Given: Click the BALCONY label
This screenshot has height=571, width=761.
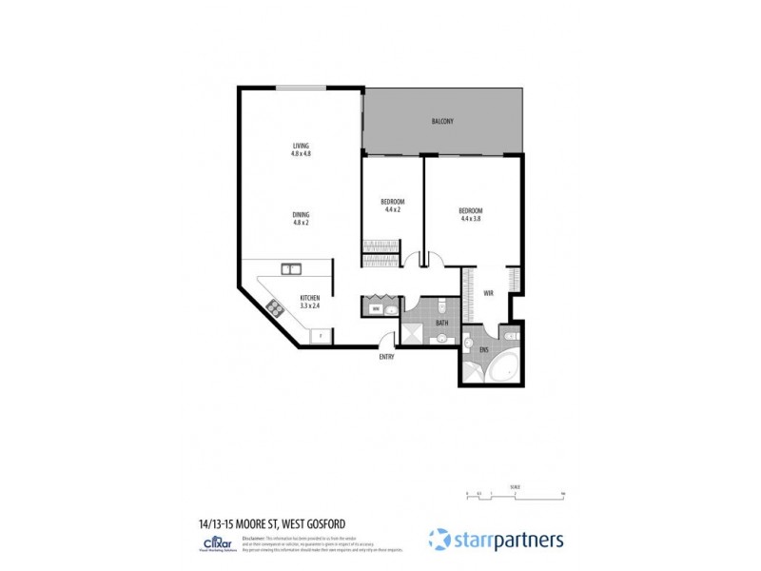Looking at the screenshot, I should tap(441, 121).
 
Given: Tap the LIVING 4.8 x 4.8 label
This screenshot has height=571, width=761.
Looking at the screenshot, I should tap(301, 149).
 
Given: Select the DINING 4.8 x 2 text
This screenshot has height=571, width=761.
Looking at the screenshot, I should tap(301, 217).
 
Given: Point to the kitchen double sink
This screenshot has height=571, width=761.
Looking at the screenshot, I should tap(290, 270).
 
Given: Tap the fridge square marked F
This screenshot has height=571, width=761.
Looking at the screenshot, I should tap(321, 334).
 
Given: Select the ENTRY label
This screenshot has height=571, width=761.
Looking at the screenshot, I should tap(386, 356).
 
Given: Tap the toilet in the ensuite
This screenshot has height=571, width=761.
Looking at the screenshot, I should tap(510, 336).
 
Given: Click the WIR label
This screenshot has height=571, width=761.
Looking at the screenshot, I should tap(489, 293).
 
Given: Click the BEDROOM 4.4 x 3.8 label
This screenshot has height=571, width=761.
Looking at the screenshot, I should tap(471, 214).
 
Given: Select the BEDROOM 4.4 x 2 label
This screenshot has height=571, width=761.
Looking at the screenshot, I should tap(393, 205).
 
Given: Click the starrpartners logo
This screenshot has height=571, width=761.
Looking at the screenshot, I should tap(496, 540).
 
